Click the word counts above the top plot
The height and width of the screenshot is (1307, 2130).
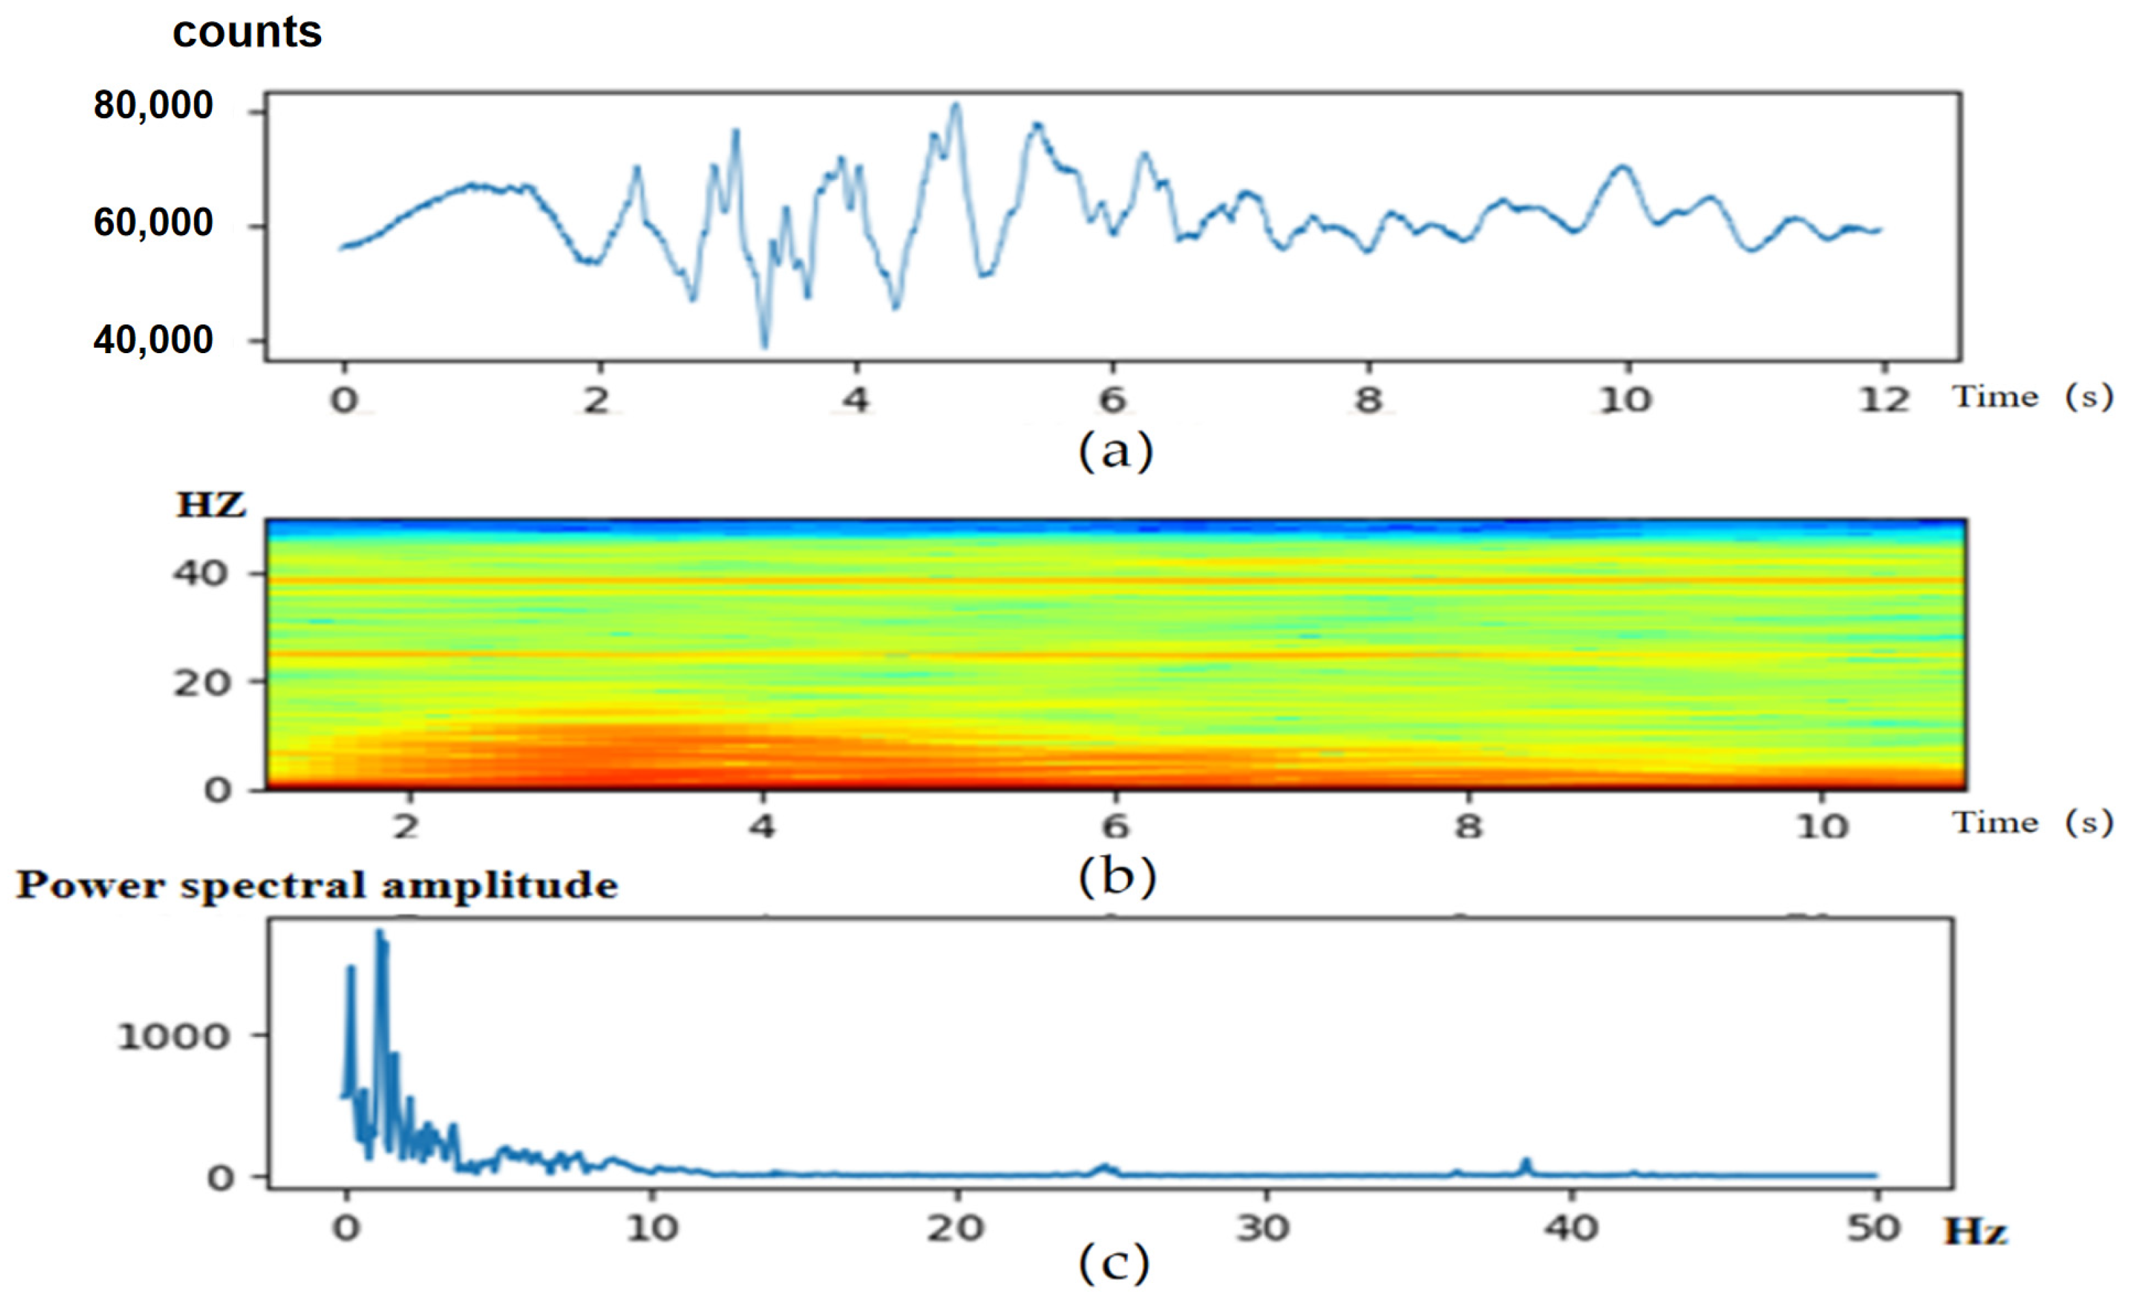[247, 33]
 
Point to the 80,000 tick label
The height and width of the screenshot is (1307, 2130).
[153, 106]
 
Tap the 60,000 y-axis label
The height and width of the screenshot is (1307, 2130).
[153, 223]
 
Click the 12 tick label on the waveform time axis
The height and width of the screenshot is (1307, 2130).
[1884, 400]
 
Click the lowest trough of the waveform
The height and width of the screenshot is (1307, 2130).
[764, 346]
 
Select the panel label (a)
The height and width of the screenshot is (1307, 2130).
[1115, 451]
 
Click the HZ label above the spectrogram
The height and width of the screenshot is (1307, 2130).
[211, 505]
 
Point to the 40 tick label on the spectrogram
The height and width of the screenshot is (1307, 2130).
[200, 573]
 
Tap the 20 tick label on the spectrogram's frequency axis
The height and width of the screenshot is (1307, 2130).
[200, 683]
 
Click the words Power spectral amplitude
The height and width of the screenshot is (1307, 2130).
[317, 885]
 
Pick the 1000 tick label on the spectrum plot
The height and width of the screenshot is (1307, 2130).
[174, 1036]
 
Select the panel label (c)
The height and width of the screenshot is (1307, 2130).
[1114, 1264]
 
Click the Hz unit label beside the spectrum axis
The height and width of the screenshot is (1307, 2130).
[1975, 1232]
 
